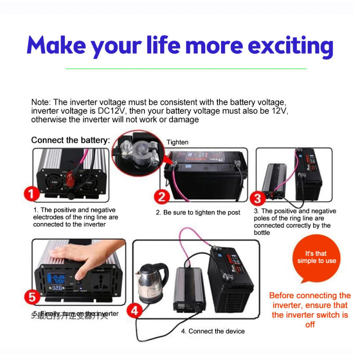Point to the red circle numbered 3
(x=257, y=198)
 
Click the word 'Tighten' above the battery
(x=177, y=142)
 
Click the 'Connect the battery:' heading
(x=70, y=140)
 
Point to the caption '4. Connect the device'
(x=213, y=331)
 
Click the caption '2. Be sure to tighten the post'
(x=198, y=212)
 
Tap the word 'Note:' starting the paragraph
(x=40, y=103)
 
